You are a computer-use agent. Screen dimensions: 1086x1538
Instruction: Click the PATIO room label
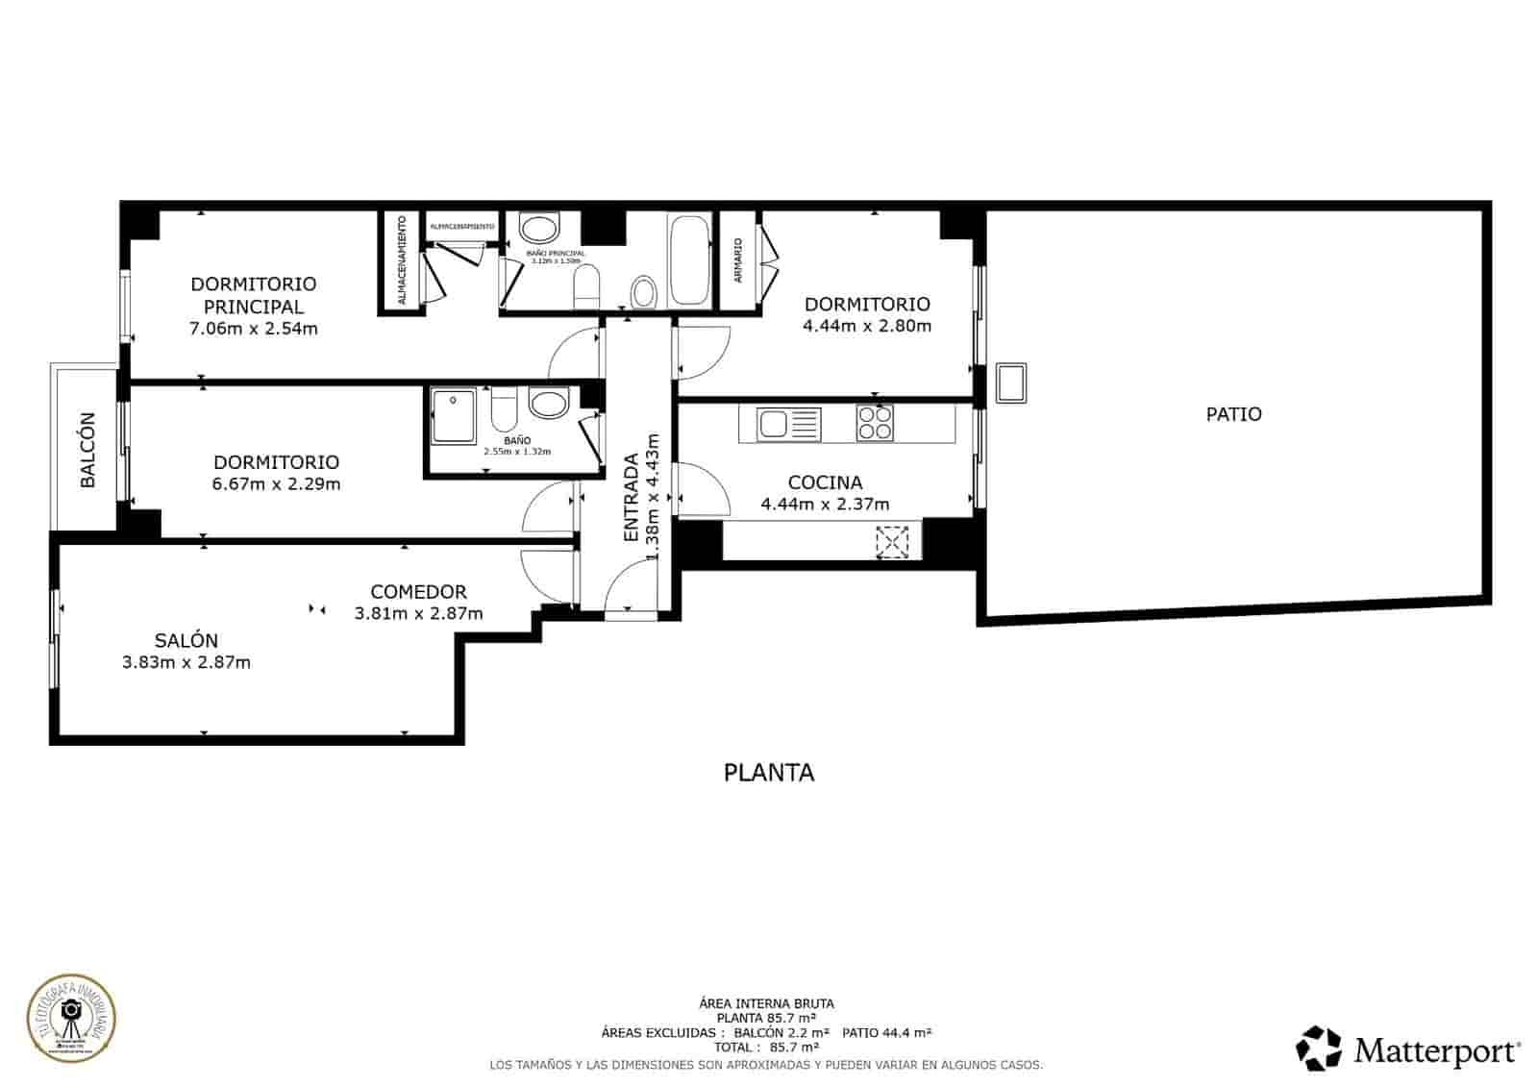[1233, 414]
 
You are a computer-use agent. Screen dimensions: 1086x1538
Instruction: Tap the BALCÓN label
[87, 450]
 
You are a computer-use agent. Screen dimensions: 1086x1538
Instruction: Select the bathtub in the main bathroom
[689, 260]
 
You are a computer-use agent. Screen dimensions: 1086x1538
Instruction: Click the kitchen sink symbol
[788, 424]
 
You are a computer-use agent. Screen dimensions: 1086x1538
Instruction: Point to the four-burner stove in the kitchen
[875, 423]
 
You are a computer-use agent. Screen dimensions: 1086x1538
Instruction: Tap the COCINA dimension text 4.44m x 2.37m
[825, 504]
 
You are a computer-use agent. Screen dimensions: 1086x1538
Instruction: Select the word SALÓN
[186, 640]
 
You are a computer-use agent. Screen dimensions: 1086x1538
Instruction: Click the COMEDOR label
[418, 592]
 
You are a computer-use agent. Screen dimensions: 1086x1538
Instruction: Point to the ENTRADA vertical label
[632, 497]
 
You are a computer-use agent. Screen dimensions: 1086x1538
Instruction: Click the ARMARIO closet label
[738, 259]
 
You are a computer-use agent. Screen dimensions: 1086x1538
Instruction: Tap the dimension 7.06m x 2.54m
[254, 329]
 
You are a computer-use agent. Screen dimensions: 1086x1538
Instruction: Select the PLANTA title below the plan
[768, 773]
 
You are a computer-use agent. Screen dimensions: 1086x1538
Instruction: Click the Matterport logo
[1408, 1049]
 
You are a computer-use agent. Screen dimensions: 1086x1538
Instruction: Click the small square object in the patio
[1011, 383]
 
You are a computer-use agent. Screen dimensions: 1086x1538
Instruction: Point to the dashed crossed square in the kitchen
[892, 542]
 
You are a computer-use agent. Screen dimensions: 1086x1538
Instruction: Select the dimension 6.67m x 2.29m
[276, 484]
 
